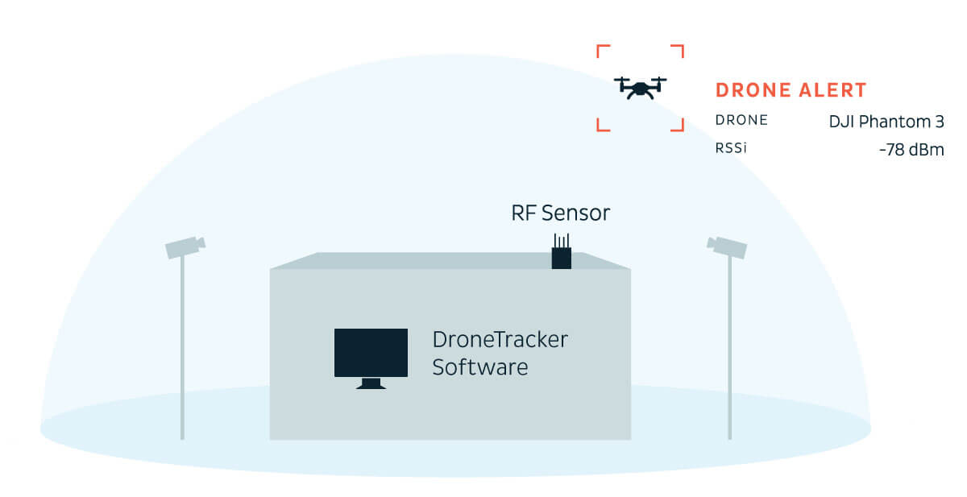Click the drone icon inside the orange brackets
click(641, 86)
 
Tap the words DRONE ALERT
click(791, 90)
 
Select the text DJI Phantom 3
click(886, 122)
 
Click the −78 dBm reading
click(911, 150)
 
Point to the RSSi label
click(731, 148)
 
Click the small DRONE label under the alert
click(741, 120)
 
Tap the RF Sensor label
click(560, 213)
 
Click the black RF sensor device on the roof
click(561, 256)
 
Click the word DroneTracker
click(500, 339)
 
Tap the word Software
click(480, 367)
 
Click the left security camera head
click(185, 246)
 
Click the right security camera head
click(727, 246)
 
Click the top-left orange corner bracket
click(601, 50)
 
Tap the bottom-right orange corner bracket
click(679, 126)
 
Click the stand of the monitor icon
click(371, 383)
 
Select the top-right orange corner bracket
click(679, 50)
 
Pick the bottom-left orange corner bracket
click(601, 126)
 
